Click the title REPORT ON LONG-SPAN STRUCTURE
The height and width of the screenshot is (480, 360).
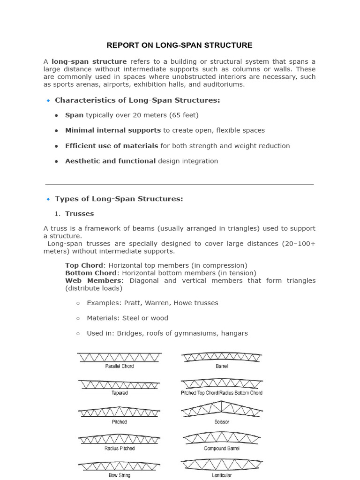click(180, 45)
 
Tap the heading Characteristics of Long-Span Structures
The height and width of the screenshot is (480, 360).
click(137, 100)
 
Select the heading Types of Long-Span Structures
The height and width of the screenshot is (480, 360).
click(119, 199)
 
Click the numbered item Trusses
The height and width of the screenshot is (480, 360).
click(79, 214)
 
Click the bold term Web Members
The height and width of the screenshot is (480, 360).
click(93, 280)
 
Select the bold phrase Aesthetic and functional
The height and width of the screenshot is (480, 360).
click(110, 161)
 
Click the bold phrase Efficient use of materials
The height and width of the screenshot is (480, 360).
click(112, 146)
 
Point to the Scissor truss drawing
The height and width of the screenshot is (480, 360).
click(221, 410)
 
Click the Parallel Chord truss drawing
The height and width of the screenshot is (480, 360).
click(120, 357)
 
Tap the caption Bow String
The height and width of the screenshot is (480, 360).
click(119, 475)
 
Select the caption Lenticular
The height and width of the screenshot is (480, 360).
click(222, 475)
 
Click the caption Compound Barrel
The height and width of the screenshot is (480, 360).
click(222, 449)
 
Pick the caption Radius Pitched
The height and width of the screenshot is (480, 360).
click(119, 449)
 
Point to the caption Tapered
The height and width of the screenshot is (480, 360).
click(119, 393)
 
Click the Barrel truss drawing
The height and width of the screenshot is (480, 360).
click(221, 357)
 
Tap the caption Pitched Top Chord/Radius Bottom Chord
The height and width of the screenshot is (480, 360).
click(222, 393)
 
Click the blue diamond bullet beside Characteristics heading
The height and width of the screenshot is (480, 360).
click(48, 100)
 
